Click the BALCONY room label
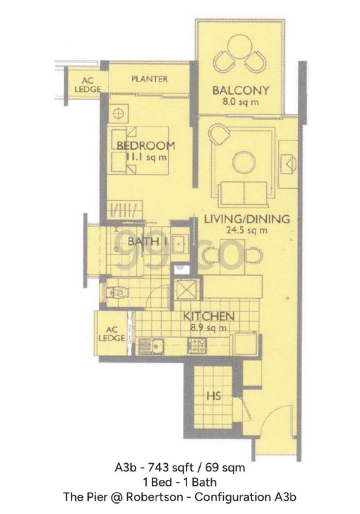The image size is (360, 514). tap(240, 90)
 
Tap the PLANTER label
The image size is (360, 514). tap(149, 79)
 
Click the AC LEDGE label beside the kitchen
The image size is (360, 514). tap(111, 333)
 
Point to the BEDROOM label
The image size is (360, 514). tap(145, 146)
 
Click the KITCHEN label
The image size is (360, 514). tap(208, 316)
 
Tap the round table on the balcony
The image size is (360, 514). tap(241, 47)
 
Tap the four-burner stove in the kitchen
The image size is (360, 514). tap(197, 345)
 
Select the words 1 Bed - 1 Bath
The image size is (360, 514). tap(180, 483)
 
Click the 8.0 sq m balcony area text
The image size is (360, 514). tap(241, 102)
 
